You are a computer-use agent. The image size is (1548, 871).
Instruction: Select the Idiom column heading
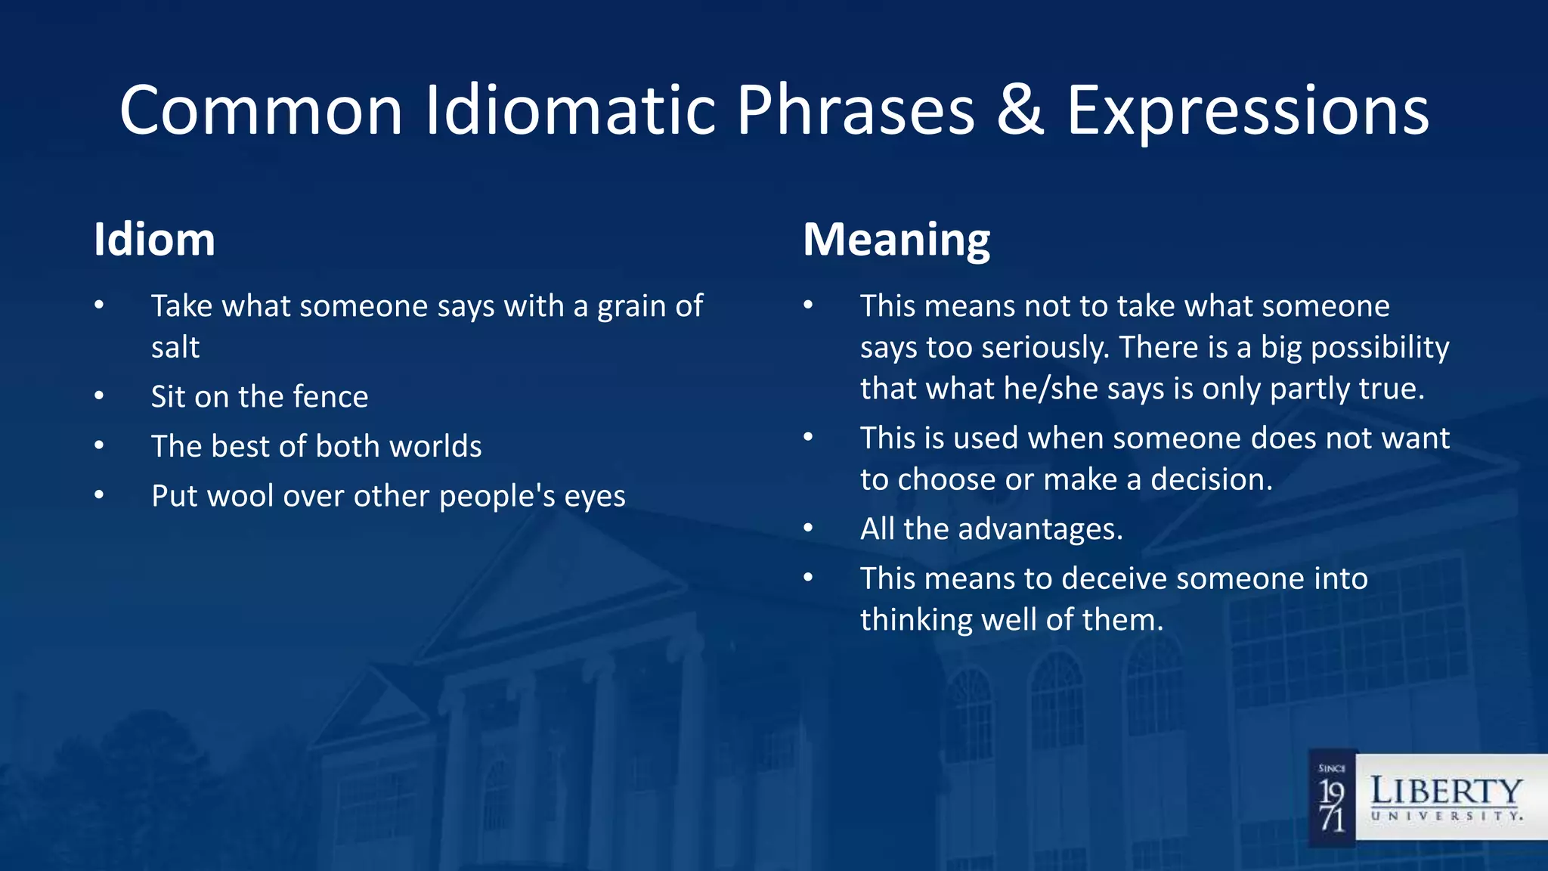click(154, 240)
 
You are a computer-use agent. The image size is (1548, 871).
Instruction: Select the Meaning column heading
click(896, 240)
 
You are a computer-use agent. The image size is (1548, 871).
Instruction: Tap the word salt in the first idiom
click(175, 348)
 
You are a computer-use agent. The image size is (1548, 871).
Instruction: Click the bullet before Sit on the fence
click(99, 396)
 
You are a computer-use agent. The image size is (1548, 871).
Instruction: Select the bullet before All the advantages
click(808, 528)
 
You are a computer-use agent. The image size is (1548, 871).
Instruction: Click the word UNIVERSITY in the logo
click(1446, 817)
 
